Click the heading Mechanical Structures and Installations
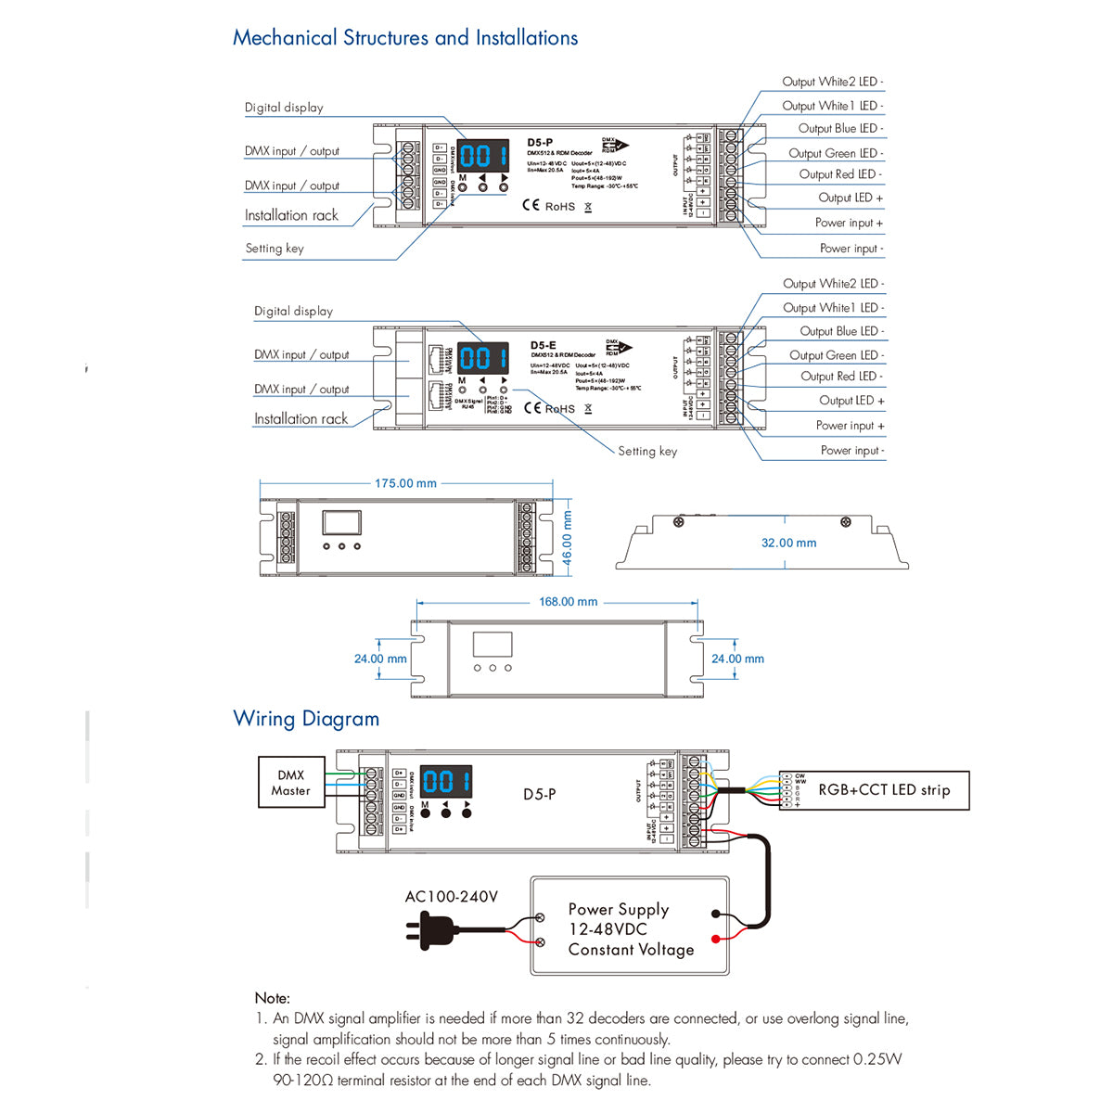point(405,38)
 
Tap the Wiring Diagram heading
point(306,719)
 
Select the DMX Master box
point(290,783)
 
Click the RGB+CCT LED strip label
point(884,790)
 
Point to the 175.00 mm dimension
point(405,483)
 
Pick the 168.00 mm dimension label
point(568,602)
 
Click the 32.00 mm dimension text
point(788,543)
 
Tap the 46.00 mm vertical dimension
point(568,538)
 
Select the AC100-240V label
point(451,897)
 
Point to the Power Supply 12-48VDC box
point(630,927)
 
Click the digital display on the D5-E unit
point(483,358)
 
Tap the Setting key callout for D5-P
point(275,249)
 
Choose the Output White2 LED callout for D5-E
point(833,284)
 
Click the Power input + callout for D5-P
point(849,223)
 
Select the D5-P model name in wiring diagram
point(539,795)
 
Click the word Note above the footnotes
point(272,998)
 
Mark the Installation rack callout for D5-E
point(301,419)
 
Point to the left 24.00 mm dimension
point(380,659)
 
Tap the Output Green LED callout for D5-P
point(835,153)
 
